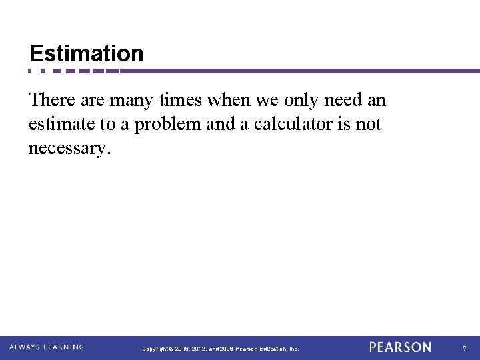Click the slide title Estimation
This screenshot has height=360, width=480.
point(86,53)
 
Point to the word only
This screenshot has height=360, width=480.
point(287,101)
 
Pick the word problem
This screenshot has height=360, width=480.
point(163,125)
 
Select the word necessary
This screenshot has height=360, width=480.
point(67,148)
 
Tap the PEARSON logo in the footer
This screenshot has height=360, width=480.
point(400,347)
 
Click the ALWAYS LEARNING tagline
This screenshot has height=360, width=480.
point(47,347)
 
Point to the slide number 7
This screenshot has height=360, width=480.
point(465,348)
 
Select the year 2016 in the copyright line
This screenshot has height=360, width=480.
point(183,349)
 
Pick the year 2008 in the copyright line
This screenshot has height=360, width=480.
point(225,349)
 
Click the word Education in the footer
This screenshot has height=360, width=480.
point(273,349)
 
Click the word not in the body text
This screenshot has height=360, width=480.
point(368,125)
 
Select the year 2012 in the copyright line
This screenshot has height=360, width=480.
point(199,349)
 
